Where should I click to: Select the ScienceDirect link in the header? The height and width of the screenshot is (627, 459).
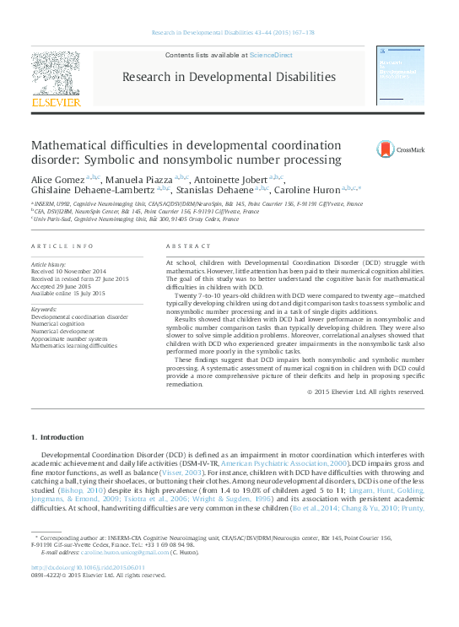click(271, 54)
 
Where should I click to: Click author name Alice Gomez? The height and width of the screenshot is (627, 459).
click(57, 180)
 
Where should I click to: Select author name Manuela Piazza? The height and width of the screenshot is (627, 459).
click(139, 180)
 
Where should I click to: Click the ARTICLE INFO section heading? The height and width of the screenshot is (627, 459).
click(62, 246)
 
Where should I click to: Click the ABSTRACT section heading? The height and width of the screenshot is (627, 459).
click(182, 246)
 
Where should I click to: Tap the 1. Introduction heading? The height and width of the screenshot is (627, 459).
click(57, 437)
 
